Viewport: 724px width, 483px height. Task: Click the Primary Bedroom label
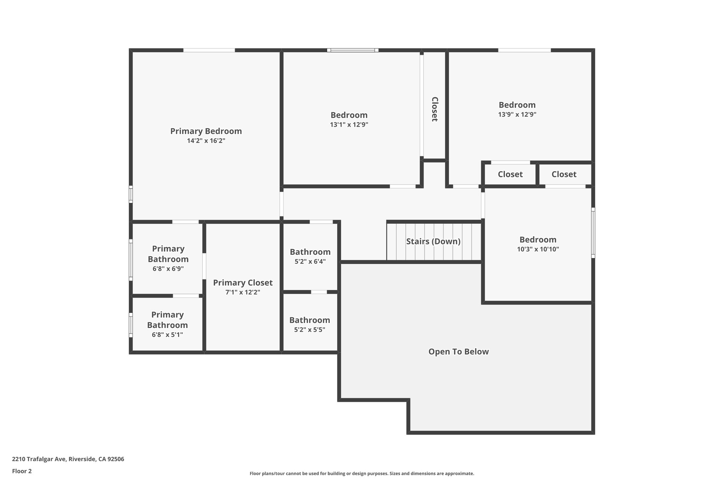[x=206, y=131]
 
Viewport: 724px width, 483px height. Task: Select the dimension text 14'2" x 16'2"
[x=206, y=141]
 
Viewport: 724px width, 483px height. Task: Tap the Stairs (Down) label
[x=433, y=241]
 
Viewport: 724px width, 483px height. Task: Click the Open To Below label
[x=459, y=352]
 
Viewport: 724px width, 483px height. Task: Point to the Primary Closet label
[x=243, y=283]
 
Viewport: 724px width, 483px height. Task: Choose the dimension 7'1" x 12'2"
[x=243, y=292]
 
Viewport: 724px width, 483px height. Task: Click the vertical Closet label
[x=435, y=109]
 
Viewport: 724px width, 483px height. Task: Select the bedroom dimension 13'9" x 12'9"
[x=517, y=115]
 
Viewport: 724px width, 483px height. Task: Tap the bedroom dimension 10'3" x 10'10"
[x=538, y=249]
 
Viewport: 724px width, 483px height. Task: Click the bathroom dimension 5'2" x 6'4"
[x=310, y=262]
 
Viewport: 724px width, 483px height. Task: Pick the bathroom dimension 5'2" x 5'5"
[x=310, y=330]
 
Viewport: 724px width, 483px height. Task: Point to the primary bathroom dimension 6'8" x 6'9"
[x=168, y=269]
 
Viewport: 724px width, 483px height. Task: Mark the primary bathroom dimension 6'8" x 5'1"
[x=167, y=335]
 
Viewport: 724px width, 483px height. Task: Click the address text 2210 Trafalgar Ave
[x=68, y=459]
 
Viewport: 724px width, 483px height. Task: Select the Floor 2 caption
[x=22, y=471]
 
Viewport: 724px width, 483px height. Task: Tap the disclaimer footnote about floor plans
[x=362, y=473]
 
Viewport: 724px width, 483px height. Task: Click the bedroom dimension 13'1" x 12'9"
[x=349, y=125]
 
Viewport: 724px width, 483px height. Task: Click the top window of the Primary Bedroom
[x=209, y=50]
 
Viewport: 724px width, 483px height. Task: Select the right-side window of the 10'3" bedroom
[x=593, y=232]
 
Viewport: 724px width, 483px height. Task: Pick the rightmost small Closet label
[x=564, y=174]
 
